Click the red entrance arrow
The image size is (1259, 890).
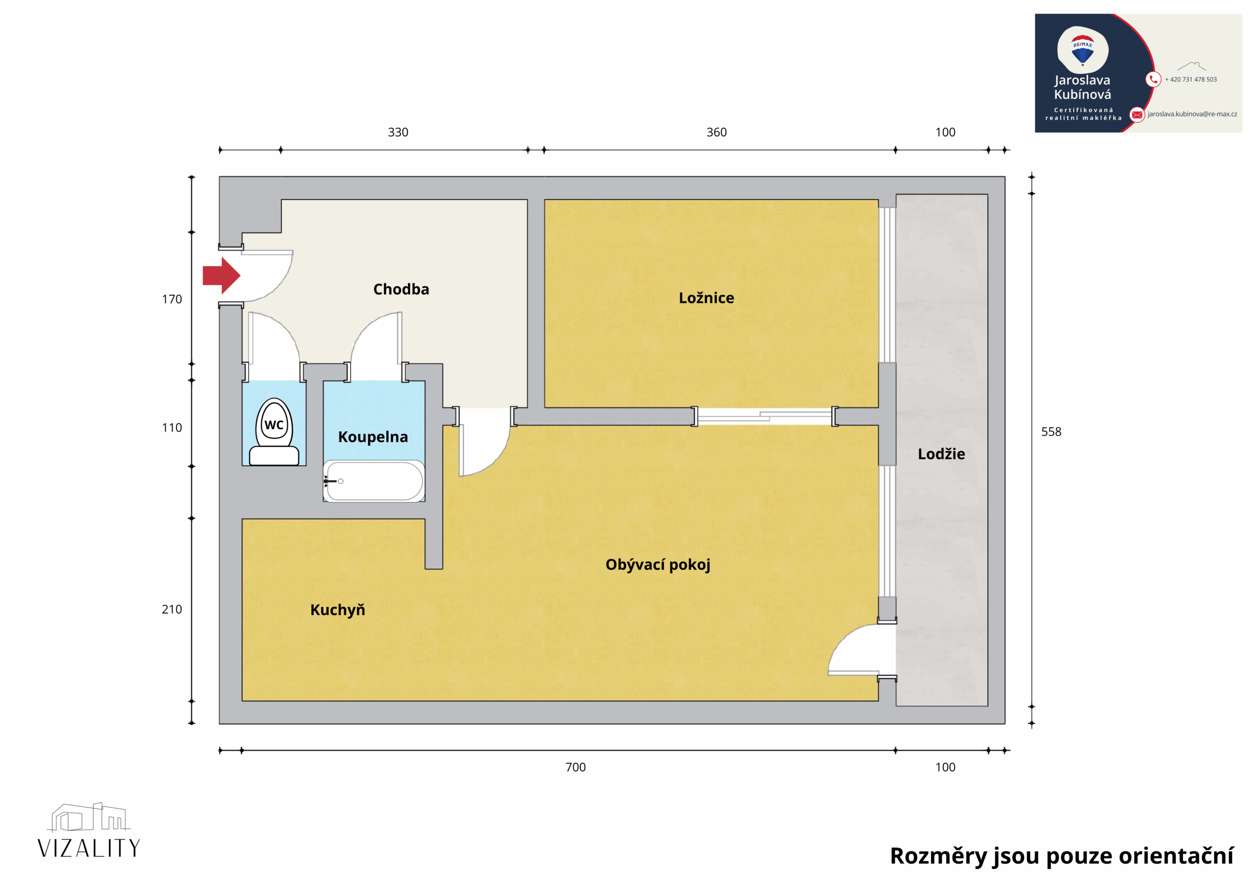(x=221, y=275)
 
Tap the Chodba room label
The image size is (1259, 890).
(x=401, y=289)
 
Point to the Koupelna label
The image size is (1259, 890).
(x=373, y=437)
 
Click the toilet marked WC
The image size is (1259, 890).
(x=274, y=432)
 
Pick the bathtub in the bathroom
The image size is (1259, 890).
(x=374, y=481)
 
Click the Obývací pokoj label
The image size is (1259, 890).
(x=658, y=565)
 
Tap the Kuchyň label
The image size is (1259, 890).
(x=337, y=610)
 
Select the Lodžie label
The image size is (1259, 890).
(x=941, y=453)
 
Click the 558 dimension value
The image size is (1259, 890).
(x=1051, y=432)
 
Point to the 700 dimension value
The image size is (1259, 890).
(x=575, y=767)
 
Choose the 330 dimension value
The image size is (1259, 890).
(x=398, y=132)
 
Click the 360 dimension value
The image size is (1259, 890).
(x=717, y=132)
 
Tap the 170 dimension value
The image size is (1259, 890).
(x=172, y=299)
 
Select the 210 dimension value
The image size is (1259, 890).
(x=172, y=609)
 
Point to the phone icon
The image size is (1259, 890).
(x=1153, y=80)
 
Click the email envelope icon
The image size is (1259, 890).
(x=1137, y=115)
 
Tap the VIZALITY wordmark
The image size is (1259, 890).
(x=89, y=848)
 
